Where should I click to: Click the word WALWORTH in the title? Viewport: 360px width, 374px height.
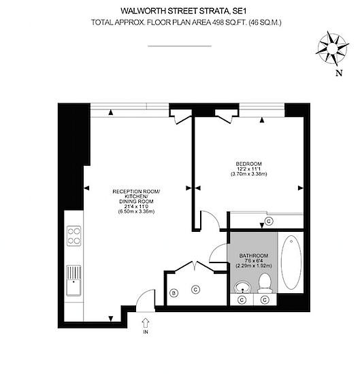point(146,11)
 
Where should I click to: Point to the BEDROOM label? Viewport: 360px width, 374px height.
point(248,164)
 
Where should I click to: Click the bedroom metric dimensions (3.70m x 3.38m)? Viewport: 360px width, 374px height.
point(248,174)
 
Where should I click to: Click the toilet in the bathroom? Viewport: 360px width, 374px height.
point(265,285)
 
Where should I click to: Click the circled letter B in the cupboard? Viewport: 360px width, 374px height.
point(173,292)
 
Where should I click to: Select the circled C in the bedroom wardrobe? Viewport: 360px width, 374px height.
point(268,221)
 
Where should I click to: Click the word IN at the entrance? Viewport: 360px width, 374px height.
point(145,333)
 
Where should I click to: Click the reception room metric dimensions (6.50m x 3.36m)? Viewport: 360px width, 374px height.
point(137,212)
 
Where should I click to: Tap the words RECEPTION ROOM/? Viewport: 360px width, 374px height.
point(137,192)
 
